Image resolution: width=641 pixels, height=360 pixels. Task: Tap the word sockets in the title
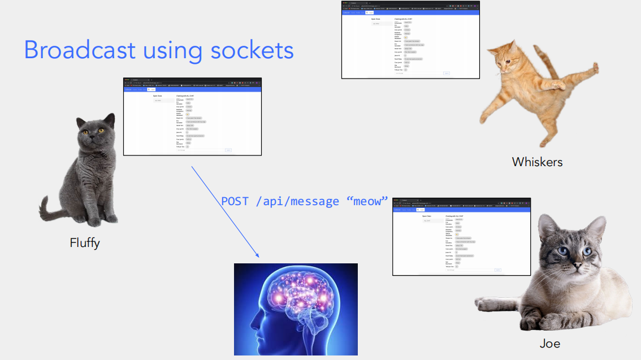click(x=252, y=50)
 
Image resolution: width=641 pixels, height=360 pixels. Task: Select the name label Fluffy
click(x=85, y=243)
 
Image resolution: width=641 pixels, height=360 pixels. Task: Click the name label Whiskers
click(x=537, y=162)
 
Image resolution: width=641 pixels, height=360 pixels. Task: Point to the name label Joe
click(x=549, y=344)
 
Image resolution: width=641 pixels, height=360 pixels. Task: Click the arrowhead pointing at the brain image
click(x=256, y=255)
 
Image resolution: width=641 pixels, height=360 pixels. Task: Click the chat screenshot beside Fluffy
click(x=192, y=116)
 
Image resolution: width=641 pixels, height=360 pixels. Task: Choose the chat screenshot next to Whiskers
click(x=410, y=40)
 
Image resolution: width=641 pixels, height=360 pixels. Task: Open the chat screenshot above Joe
click(x=461, y=237)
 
